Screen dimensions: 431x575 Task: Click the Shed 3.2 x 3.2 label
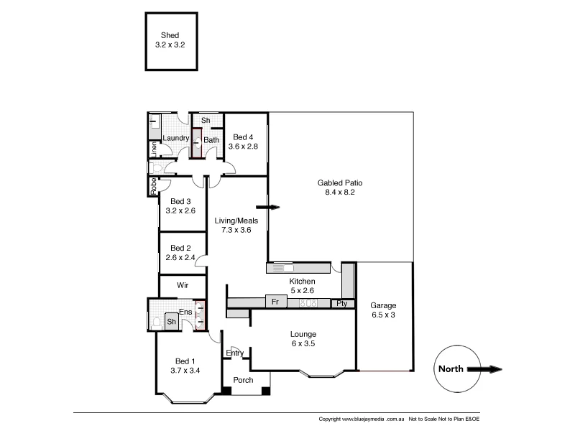point(170,40)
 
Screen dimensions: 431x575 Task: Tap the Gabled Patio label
point(336,187)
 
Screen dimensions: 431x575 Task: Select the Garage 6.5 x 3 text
point(384,310)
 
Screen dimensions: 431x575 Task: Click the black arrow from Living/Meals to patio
point(269,208)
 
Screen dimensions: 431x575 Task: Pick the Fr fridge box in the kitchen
point(273,302)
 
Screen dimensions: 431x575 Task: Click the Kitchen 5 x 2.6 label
point(303,287)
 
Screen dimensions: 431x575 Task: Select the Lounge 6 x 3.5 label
point(303,339)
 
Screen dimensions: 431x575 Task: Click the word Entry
point(234,353)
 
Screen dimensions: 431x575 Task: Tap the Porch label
point(244,380)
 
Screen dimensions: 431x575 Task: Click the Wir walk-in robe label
point(183,285)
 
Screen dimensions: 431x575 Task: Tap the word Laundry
point(175,138)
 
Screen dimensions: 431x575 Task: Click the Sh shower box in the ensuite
point(172,323)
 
